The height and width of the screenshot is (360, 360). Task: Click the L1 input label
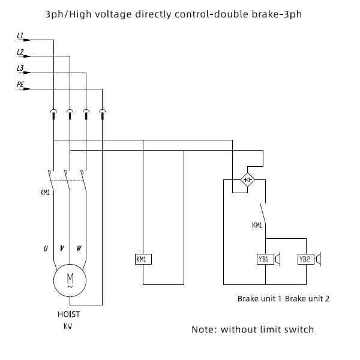pyautogui.click(x=20, y=36)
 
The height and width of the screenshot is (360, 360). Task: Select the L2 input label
pyautogui.click(x=20, y=52)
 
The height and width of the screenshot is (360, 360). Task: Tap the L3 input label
pyautogui.click(x=20, y=68)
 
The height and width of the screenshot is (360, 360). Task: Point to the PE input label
pyautogui.click(x=20, y=85)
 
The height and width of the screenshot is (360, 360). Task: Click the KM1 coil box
pyautogui.click(x=143, y=259)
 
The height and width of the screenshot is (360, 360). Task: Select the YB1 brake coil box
pyautogui.click(x=265, y=259)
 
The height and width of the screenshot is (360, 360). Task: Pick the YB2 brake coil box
pyautogui.click(x=306, y=259)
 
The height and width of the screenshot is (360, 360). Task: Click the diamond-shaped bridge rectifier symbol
pyautogui.click(x=247, y=179)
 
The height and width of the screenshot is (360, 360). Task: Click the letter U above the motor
pyautogui.click(x=46, y=248)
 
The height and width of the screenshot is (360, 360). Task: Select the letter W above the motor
pyautogui.click(x=79, y=248)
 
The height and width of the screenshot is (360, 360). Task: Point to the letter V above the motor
pyautogui.click(x=62, y=248)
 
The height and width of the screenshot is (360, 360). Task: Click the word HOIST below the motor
pyautogui.click(x=68, y=314)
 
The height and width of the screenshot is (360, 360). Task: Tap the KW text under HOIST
pyautogui.click(x=68, y=326)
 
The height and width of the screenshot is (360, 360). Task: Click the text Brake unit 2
pyautogui.click(x=307, y=299)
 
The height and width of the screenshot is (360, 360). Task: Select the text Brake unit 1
pyautogui.click(x=259, y=299)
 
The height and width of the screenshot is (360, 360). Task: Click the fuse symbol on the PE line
pyautogui.click(x=103, y=114)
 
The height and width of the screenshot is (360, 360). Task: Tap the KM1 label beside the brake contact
pyautogui.click(x=257, y=225)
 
